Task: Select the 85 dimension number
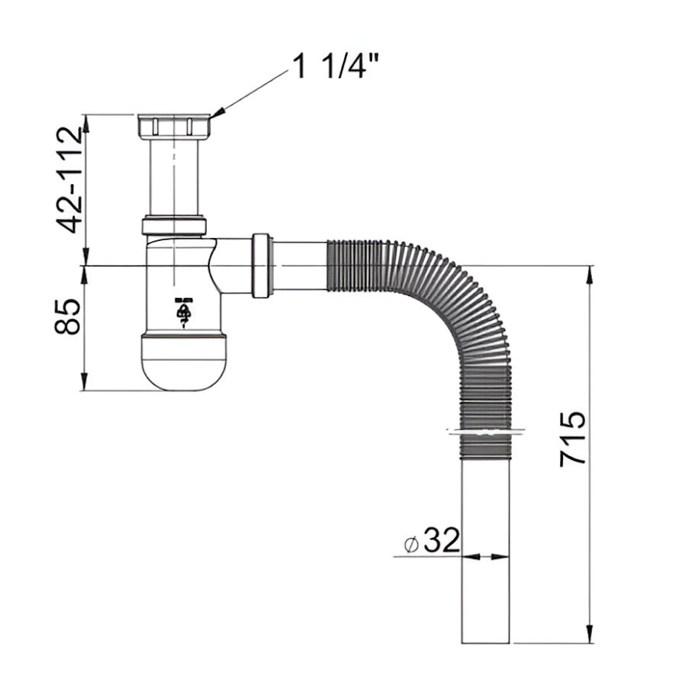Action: pos(68,317)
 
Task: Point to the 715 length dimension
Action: pos(572,438)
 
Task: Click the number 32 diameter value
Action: pos(442,540)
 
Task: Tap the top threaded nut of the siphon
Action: pos(174,126)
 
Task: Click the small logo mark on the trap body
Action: pos(183,313)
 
